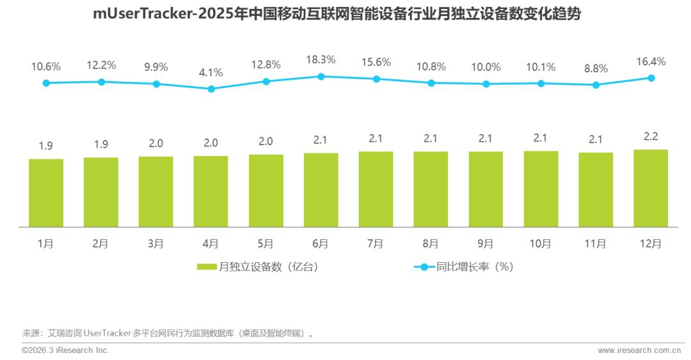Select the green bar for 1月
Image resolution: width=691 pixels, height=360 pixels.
46,192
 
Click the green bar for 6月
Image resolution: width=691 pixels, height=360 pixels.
321,190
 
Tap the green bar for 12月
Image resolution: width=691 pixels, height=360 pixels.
651,188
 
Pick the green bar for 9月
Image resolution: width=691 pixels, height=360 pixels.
486,189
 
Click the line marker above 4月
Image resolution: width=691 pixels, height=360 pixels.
211,89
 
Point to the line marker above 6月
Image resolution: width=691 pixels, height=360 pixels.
321,76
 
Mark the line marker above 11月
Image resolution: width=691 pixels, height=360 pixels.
596,84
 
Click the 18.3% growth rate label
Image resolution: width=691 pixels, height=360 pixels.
321,59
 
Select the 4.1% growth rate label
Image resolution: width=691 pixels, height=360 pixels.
211,72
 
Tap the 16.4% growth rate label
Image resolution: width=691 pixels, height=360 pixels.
651,61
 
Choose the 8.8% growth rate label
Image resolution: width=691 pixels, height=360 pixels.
596,68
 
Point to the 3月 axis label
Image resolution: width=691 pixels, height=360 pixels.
155,244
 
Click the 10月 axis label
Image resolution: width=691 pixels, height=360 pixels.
541,244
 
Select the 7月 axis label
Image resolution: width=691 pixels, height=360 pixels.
376,244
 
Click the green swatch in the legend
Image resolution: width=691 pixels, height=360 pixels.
207,267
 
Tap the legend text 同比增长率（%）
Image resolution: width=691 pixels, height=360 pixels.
475,267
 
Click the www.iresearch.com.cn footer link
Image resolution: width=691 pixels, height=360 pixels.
639,350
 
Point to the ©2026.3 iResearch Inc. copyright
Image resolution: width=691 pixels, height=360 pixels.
66,350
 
